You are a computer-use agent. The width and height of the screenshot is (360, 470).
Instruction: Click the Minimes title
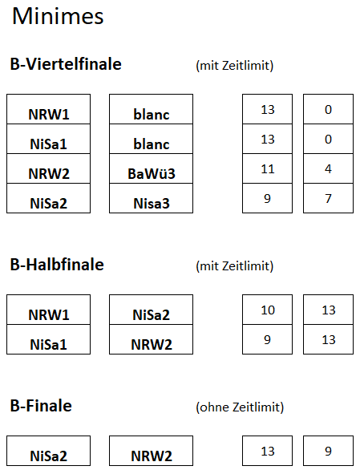[x=58, y=16]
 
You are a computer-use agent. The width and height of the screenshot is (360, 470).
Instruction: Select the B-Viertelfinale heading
[x=66, y=64]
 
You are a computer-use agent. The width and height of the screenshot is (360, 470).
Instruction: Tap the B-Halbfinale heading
[x=57, y=265]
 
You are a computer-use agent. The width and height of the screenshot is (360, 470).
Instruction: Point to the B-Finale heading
[x=41, y=406]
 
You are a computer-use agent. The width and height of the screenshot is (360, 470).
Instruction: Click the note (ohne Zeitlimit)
[x=240, y=407]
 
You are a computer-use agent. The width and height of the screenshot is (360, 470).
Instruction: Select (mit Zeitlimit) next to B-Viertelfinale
[x=235, y=65]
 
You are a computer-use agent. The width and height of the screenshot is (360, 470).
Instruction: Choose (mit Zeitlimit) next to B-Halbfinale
[x=235, y=265]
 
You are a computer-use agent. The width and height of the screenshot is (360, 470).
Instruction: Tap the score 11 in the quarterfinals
[x=268, y=169]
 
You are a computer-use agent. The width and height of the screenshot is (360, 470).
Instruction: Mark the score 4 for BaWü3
[x=328, y=169]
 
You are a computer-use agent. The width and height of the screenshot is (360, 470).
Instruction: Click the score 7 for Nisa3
[x=328, y=198]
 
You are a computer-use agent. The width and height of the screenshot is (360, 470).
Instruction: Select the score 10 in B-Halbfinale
[x=268, y=310]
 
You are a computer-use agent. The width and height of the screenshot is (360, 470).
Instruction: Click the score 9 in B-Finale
[x=328, y=451]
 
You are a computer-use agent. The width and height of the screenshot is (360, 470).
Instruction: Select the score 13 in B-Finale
[x=268, y=451]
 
